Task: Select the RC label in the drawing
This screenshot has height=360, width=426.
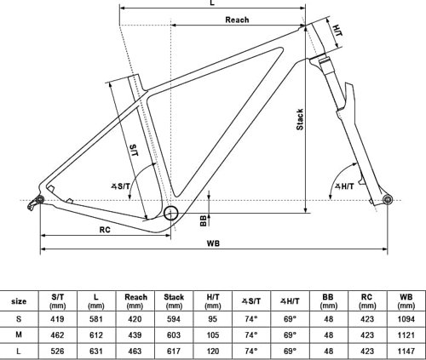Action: point(104,229)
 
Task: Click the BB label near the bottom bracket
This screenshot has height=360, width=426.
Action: point(203,220)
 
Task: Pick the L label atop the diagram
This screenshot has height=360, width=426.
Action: point(210,5)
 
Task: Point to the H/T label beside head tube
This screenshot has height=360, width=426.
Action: point(338,30)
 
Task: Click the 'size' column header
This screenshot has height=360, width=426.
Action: point(18,300)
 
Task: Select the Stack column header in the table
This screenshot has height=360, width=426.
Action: point(173,300)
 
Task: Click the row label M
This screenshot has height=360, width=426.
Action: point(18,333)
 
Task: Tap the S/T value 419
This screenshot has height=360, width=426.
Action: point(56,317)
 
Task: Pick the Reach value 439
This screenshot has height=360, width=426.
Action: point(135,333)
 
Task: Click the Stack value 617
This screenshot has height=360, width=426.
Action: point(173,349)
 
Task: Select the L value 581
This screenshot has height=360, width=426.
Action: point(95,317)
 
